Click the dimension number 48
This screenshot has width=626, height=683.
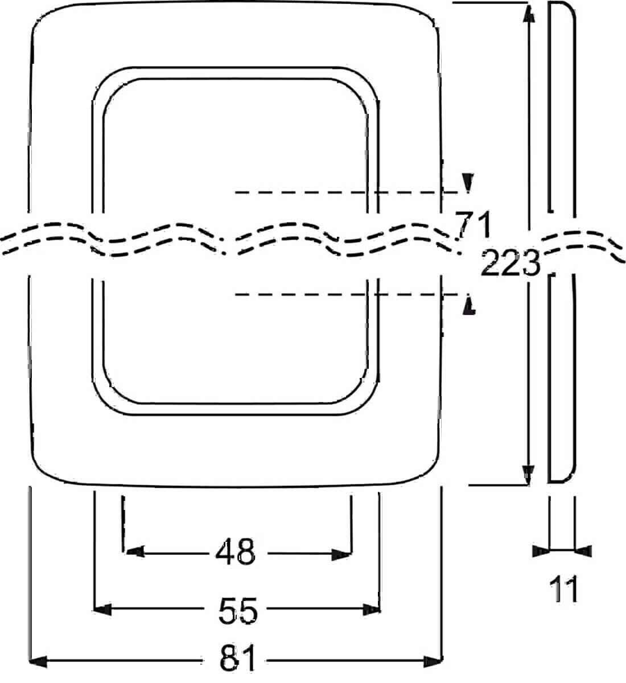click(236, 552)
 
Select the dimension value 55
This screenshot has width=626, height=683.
click(238, 610)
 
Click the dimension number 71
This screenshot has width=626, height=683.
click(473, 225)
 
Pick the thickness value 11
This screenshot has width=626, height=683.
click(563, 589)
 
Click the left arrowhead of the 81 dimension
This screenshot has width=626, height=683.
click(38, 661)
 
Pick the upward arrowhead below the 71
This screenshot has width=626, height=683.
click(469, 306)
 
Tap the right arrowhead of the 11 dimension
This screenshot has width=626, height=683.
click(584, 550)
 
